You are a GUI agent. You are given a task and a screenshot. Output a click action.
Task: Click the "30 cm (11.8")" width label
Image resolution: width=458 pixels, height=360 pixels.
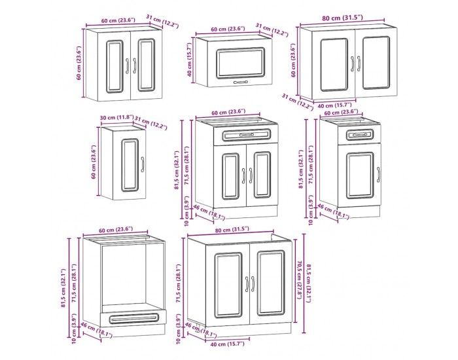pos(116,118)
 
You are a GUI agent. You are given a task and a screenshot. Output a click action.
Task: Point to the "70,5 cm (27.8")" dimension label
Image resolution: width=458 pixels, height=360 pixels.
pos(299,280)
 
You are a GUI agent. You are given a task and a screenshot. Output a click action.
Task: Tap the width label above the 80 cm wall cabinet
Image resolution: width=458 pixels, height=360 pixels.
pos(342,18)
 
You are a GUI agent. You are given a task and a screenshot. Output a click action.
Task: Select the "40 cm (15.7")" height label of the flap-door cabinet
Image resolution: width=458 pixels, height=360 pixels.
pos(189,60)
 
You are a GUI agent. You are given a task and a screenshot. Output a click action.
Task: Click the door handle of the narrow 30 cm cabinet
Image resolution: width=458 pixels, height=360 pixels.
pos(143,164)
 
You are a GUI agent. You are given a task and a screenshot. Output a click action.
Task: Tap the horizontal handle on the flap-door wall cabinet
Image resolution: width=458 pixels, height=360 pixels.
pos(240,82)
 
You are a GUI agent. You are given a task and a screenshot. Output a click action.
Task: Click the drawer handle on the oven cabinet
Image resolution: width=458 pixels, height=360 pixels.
pos(133,319)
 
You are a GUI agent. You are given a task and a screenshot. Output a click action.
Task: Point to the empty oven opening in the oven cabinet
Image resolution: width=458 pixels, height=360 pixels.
pos(124,275)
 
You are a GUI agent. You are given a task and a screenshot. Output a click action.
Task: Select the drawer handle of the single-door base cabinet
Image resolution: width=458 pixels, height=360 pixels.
pos(360,135)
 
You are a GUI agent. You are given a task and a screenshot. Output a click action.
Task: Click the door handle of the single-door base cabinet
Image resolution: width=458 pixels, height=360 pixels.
pos(378,175)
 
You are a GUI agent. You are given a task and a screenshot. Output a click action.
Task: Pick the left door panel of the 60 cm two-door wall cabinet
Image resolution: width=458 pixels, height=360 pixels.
pos(114,66)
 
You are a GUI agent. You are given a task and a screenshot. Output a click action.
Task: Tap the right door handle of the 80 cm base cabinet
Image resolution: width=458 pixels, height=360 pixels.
pos(253,284)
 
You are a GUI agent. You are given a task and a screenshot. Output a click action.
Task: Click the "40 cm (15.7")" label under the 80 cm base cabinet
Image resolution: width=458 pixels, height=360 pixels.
pos(227,344)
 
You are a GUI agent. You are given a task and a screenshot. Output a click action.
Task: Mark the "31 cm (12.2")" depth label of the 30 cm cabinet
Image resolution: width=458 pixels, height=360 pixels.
pos(150,123)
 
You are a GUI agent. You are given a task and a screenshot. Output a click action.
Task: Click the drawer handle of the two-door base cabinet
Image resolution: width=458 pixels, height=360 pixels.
pos(247,135)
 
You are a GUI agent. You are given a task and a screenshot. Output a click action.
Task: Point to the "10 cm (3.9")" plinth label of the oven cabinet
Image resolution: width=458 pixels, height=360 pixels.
pos(74,329)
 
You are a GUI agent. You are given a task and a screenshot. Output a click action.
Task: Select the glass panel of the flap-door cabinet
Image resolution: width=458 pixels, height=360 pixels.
pos(240,63)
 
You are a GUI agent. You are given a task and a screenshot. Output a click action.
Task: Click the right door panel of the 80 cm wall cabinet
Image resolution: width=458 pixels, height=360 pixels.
pos(376,63)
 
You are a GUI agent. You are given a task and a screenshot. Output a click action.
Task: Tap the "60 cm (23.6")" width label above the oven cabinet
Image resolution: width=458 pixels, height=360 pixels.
pos(116,230)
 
